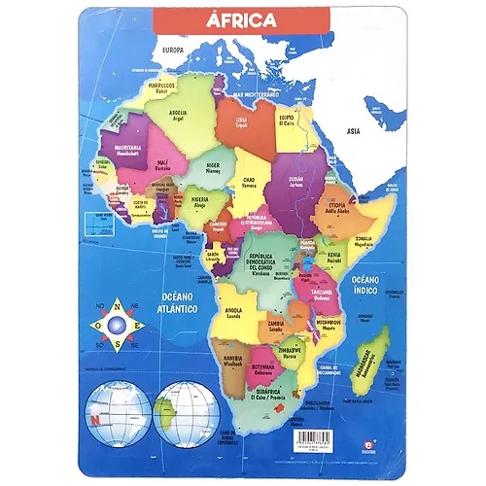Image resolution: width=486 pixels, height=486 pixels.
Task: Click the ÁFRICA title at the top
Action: click(x=241, y=19)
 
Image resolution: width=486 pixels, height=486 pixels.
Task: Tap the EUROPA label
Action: click(x=173, y=50)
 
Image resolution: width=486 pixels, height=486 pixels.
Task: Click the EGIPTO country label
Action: click(x=288, y=120)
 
